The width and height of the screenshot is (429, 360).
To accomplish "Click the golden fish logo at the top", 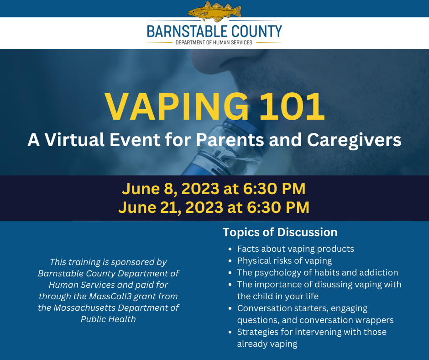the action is [214, 11].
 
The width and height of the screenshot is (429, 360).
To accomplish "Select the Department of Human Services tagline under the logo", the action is [214, 42].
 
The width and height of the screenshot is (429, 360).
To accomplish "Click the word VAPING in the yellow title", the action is [177, 106].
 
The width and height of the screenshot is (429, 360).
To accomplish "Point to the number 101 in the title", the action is [292, 106].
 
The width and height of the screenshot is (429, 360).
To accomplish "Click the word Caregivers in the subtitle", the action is [354, 140].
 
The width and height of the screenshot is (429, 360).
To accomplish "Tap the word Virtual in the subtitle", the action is [75, 139].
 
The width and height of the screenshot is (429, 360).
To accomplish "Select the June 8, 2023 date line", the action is [214, 189].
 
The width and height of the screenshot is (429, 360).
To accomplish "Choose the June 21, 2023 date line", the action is [214, 207].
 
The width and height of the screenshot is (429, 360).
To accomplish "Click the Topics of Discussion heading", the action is [280, 233].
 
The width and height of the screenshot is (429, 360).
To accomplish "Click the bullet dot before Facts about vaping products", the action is [230, 249].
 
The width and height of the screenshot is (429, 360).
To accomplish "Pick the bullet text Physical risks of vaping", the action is [284, 261].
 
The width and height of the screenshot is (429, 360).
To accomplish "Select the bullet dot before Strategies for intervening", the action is [230, 332].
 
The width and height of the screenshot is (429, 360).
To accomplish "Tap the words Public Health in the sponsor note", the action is [108, 319].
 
